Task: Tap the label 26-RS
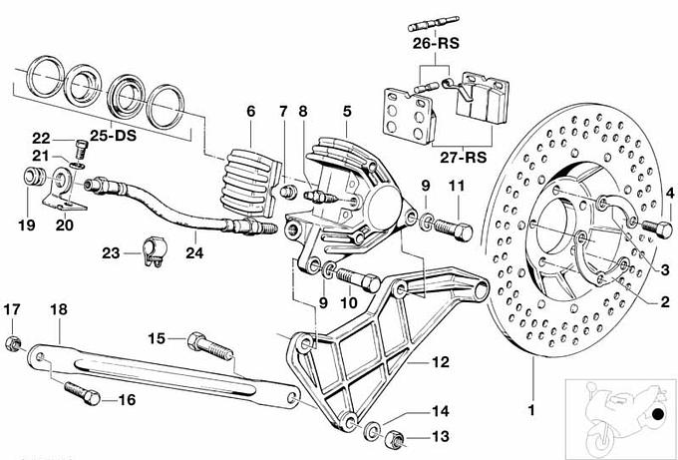pos(435,44)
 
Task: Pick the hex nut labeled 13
pos(393,436)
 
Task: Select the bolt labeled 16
pos(81,391)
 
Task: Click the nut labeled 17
pos(12,345)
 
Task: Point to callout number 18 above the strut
pos(58,310)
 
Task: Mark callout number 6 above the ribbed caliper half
pos(251,112)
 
